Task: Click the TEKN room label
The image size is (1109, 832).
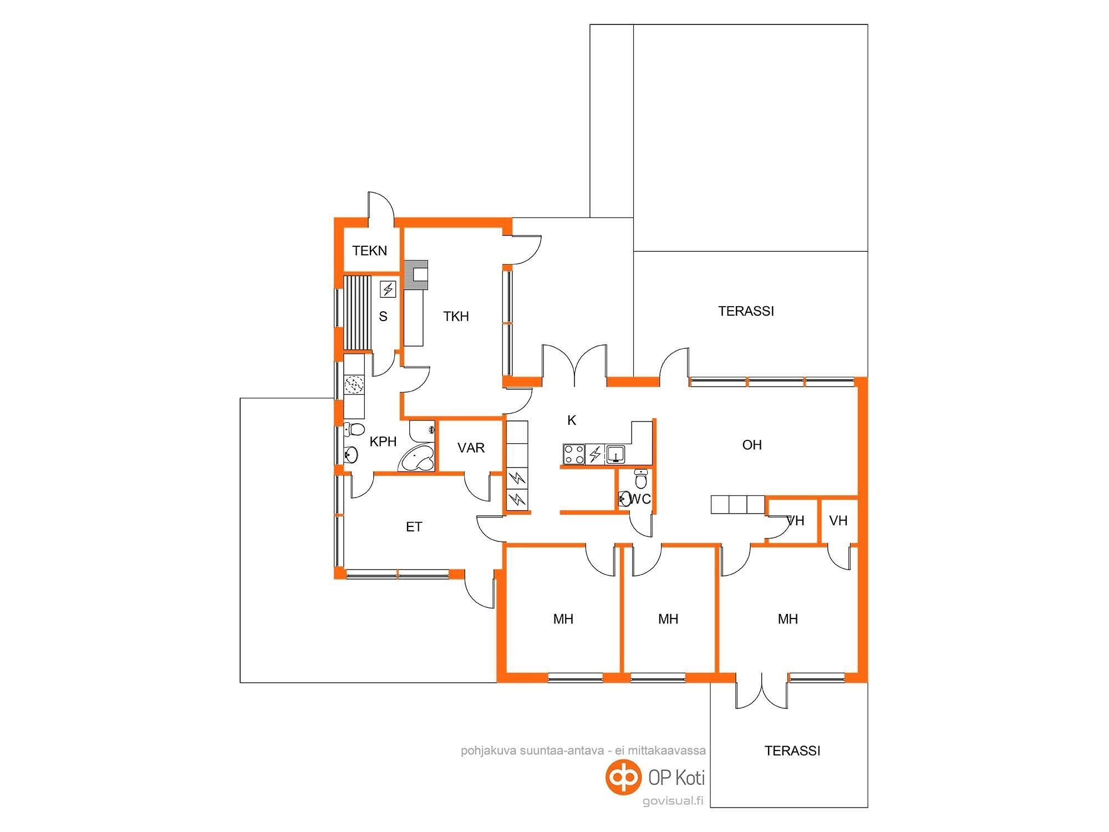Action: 370,251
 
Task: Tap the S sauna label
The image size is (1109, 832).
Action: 383,317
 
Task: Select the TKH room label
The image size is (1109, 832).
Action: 456,317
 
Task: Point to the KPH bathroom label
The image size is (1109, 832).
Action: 383,442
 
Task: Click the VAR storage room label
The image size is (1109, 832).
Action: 471,448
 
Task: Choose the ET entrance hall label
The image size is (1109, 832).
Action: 414,527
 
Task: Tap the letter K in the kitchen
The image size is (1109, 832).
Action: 572,420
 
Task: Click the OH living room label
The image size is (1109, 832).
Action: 752,445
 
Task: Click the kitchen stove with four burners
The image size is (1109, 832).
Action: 574,454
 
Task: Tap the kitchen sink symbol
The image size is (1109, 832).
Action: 615,454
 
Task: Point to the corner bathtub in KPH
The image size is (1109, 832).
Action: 416,458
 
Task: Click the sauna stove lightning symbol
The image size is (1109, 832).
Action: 388,289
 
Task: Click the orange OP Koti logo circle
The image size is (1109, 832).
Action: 622,777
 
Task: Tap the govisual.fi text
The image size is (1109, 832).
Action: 673,801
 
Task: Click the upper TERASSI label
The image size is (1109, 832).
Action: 746,312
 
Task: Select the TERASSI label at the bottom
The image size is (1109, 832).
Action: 792,751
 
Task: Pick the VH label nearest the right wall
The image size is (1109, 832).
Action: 838,521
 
